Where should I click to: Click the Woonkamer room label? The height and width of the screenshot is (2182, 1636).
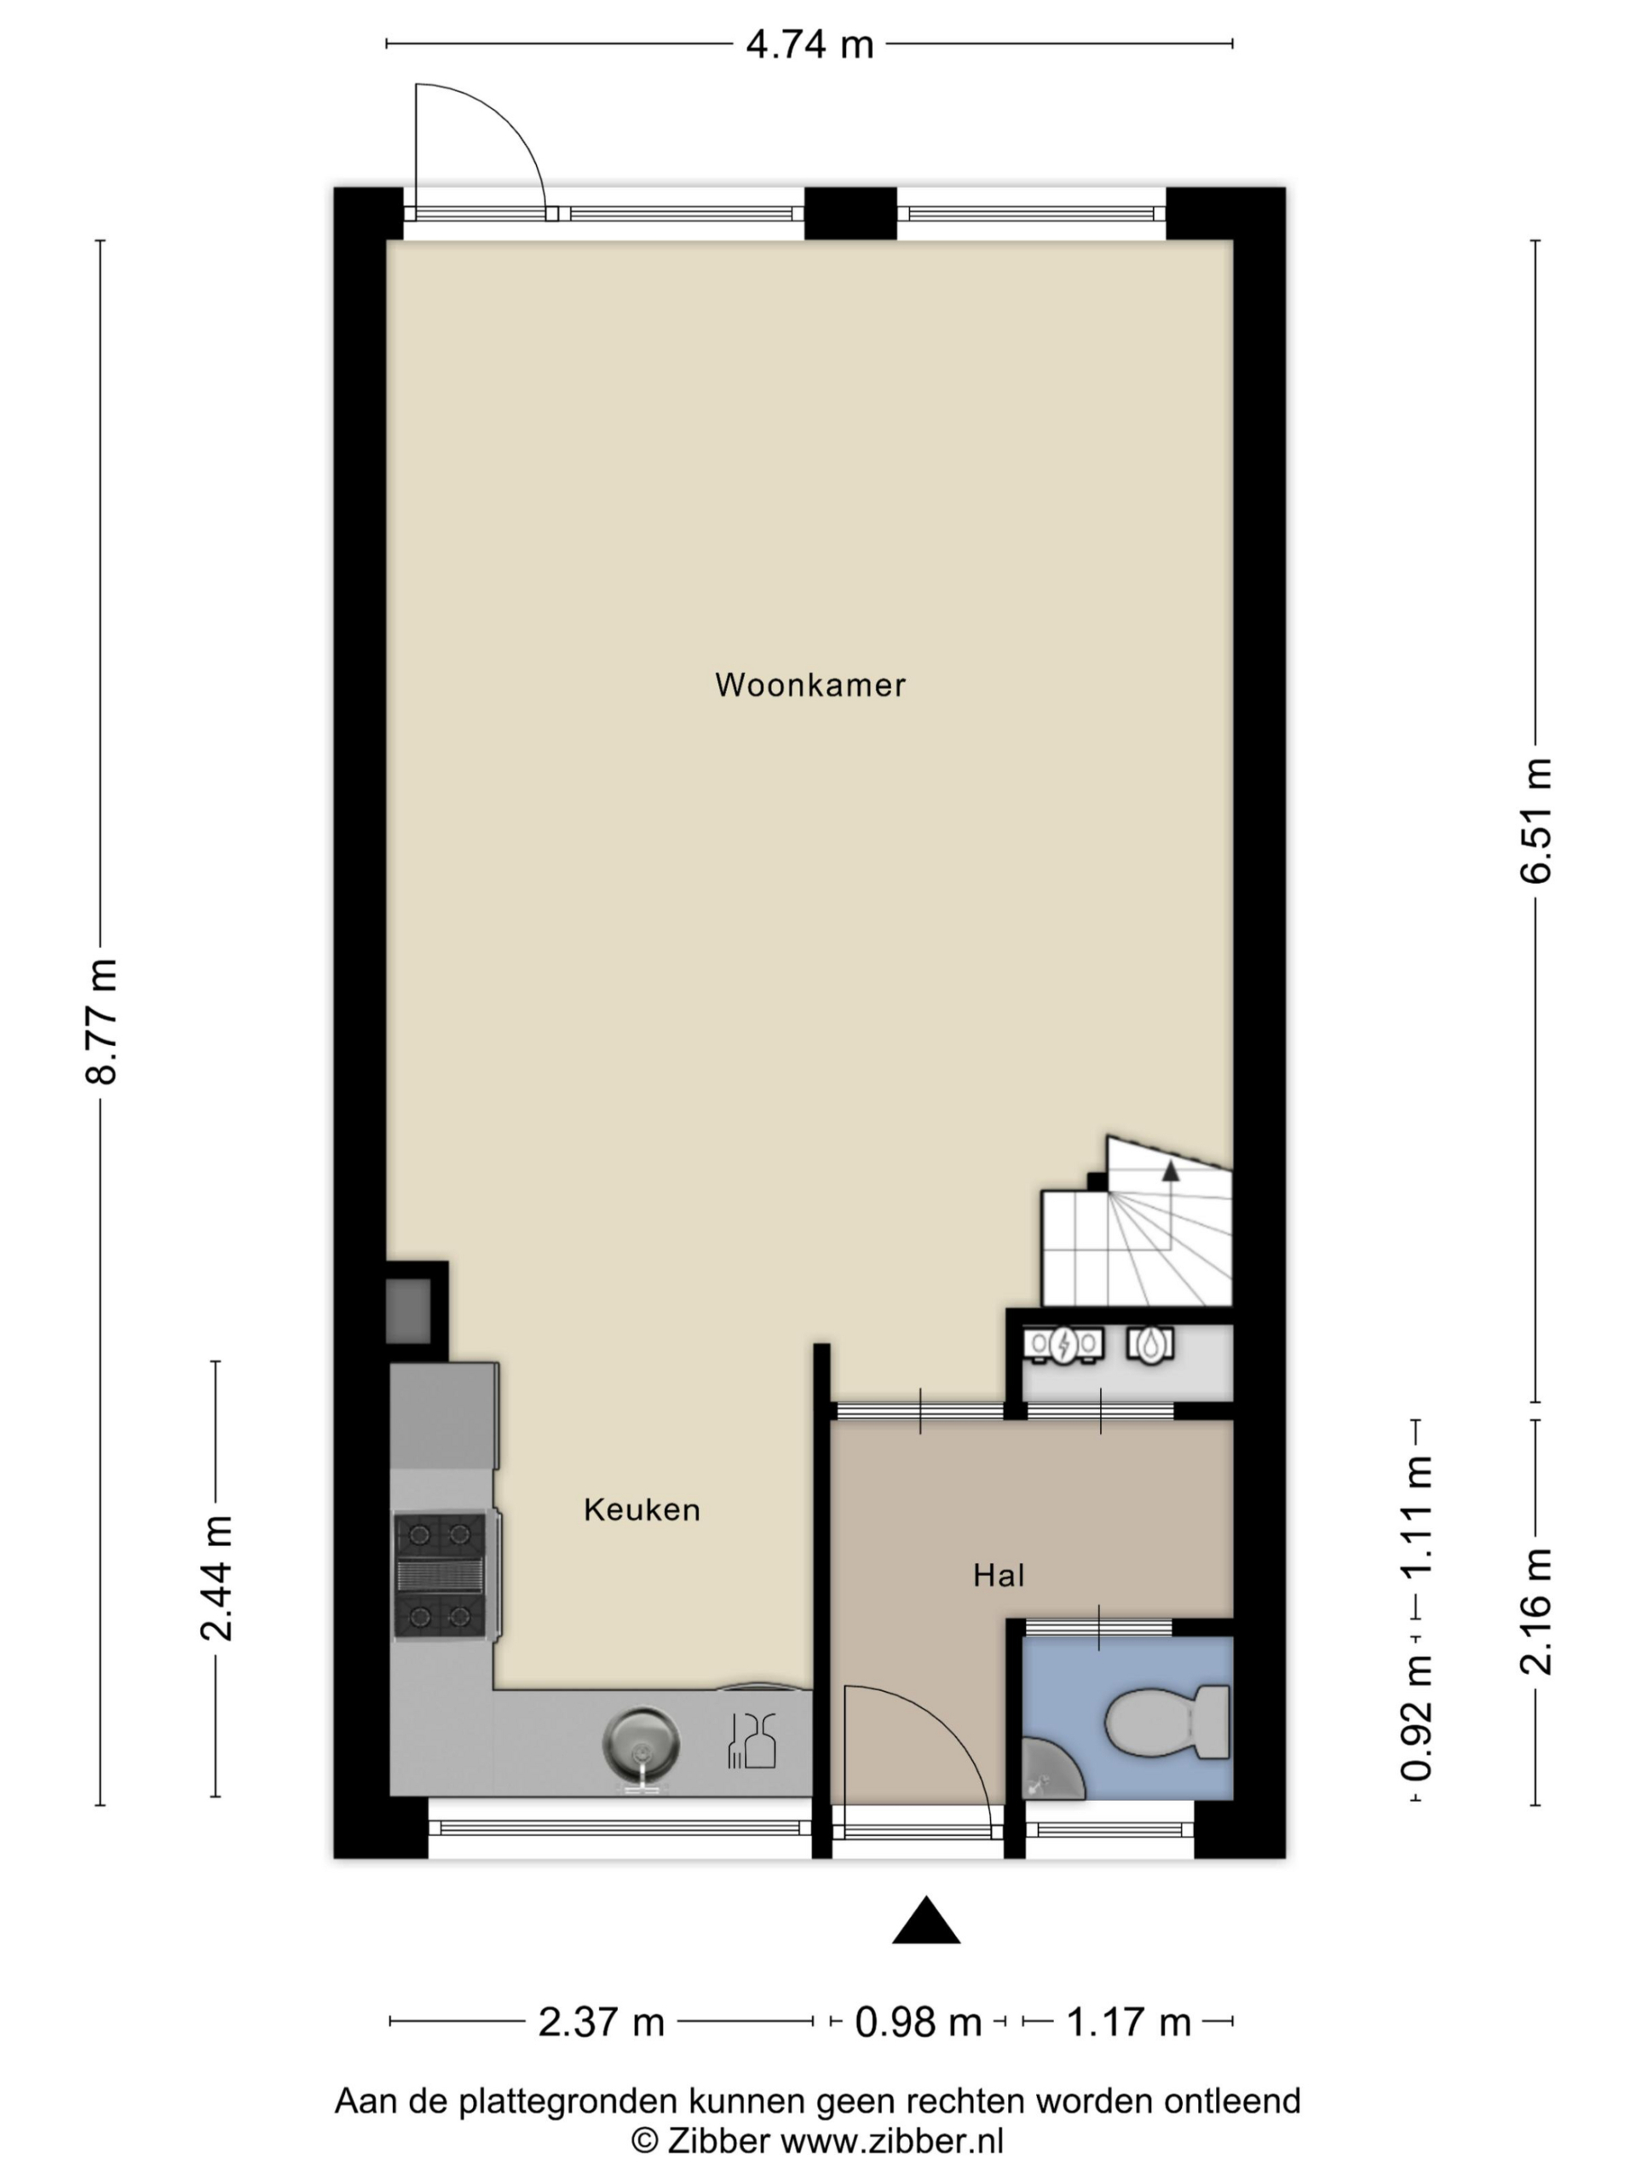click(809, 684)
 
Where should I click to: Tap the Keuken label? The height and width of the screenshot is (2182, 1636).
click(641, 1510)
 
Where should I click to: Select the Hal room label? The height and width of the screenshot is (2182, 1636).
click(998, 1575)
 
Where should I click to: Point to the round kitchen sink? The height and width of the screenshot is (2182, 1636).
click(641, 1745)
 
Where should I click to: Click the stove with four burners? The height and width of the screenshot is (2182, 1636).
click(440, 1576)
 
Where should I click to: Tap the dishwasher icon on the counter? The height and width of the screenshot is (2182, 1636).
click(752, 1741)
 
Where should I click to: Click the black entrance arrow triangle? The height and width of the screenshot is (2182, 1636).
click(925, 1921)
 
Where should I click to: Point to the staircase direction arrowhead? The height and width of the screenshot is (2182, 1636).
click(1170, 1171)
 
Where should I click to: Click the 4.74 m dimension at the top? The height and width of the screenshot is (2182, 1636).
click(809, 44)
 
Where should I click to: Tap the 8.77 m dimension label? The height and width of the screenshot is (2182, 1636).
click(101, 1021)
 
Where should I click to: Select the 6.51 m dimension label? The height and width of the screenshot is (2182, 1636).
click(1535, 821)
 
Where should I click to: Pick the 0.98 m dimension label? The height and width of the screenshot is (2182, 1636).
click(918, 2023)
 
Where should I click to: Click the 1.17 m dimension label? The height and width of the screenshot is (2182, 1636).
click(1129, 2023)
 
